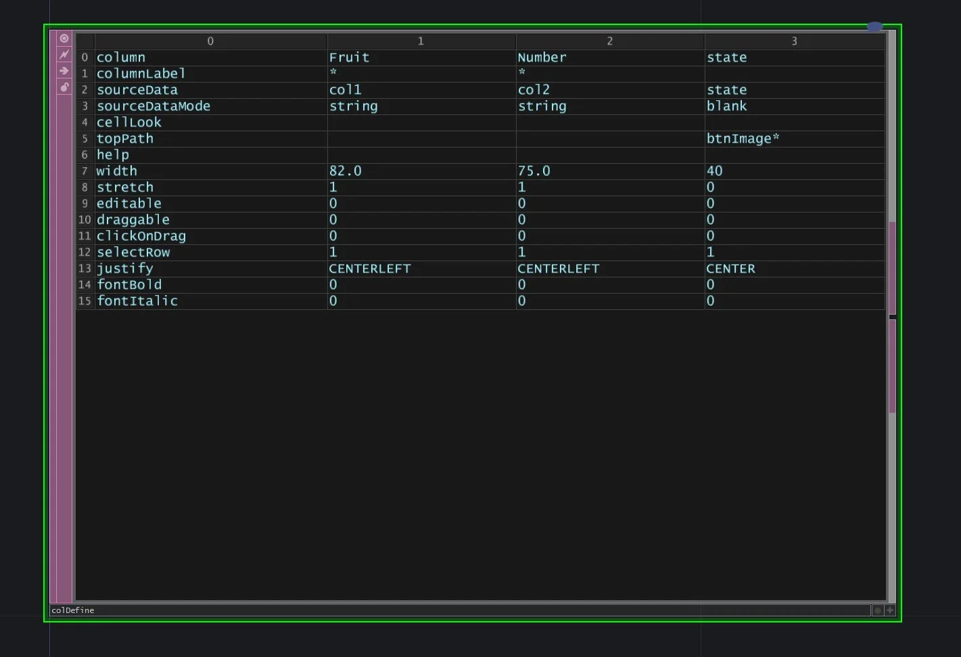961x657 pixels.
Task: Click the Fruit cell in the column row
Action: pyautogui.click(x=349, y=58)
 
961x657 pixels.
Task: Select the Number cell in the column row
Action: pyautogui.click(x=542, y=58)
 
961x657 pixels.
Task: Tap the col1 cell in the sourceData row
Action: pyautogui.click(x=345, y=90)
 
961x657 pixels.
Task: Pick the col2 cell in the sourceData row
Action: pyautogui.click(x=534, y=90)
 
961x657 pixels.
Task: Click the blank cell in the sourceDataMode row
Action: pyautogui.click(x=726, y=106)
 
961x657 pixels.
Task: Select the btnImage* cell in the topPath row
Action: pyautogui.click(x=743, y=139)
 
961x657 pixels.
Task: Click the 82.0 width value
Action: pyautogui.click(x=345, y=171)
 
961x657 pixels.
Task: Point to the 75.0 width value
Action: pyautogui.click(x=534, y=171)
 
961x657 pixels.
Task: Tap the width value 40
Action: pyautogui.click(x=714, y=171)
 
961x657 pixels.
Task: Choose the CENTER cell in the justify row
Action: pyautogui.click(x=730, y=269)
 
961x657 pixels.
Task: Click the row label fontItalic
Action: pyautogui.click(x=137, y=301)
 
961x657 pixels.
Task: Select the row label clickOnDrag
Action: pyautogui.click(x=141, y=236)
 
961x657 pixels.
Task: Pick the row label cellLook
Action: pyautogui.click(x=128, y=122)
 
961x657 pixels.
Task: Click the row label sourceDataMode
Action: pyautogui.click(x=153, y=106)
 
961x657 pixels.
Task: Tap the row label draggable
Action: pyautogui.click(x=133, y=220)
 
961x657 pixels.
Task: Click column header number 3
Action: pyautogui.click(x=794, y=41)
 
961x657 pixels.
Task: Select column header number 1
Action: pyautogui.click(x=421, y=41)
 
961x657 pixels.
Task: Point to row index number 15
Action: pyautogui.click(x=85, y=301)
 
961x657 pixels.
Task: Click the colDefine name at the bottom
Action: pyautogui.click(x=72, y=610)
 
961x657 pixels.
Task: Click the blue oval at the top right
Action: pyautogui.click(x=874, y=27)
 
